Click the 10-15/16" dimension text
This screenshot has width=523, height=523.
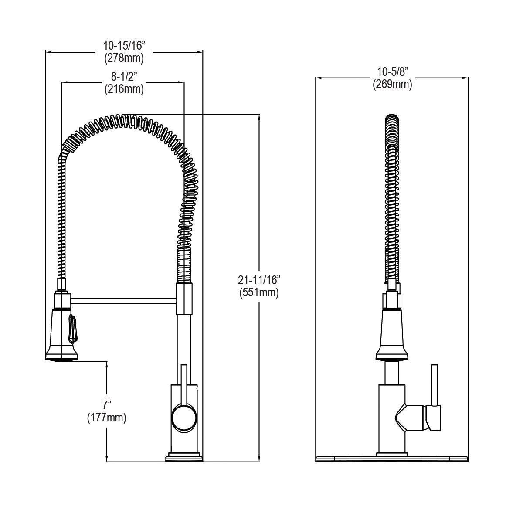pyautogui.click(x=123, y=44)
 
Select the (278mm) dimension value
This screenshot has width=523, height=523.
pyautogui.click(x=123, y=57)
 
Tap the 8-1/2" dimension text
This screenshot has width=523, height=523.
pyautogui.click(x=124, y=77)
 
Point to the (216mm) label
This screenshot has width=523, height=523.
pyautogui.click(x=124, y=89)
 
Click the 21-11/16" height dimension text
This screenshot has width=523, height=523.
pyautogui.click(x=258, y=279)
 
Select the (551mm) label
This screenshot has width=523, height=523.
pyautogui.click(x=258, y=292)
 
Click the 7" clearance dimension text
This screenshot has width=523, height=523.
pyautogui.click(x=106, y=405)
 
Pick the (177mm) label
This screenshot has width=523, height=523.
pyautogui.click(x=106, y=418)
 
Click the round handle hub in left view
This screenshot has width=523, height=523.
pyautogui.click(x=184, y=418)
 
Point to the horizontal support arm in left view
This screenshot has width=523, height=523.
pyautogui.click(x=123, y=300)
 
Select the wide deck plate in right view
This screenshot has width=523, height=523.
pyautogui.click(x=391, y=458)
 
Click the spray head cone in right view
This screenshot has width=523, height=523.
pyautogui.click(x=391, y=331)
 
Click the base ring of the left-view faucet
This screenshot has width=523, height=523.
pyautogui.click(x=184, y=458)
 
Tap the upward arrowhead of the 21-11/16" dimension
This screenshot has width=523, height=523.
pyautogui.click(x=260, y=117)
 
